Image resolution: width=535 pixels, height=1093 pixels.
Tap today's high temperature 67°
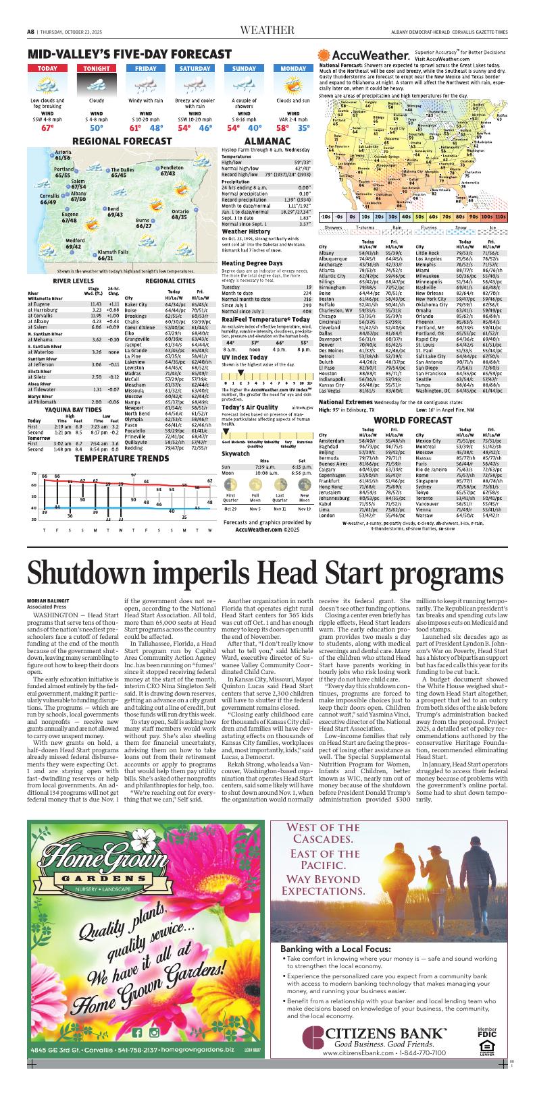pos(47,127)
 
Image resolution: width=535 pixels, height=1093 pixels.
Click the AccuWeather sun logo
pos(325,57)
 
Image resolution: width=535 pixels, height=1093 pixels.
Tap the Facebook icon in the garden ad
pos(138,1032)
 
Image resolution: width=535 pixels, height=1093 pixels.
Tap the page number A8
pos(31,31)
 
